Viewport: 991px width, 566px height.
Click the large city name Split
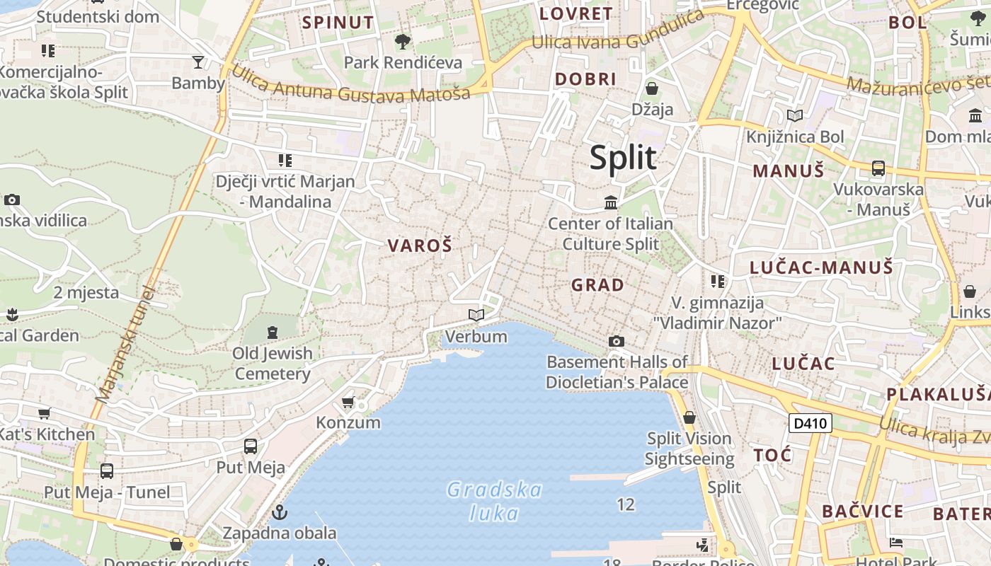[623, 157]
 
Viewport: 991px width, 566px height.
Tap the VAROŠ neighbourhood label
[419, 246]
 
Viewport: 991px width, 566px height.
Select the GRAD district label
[598, 285]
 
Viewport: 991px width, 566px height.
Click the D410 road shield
[810, 424]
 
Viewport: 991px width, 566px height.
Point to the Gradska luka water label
[495, 501]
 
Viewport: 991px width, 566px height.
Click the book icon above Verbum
[476, 315]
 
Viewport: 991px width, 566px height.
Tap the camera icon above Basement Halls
[617, 342]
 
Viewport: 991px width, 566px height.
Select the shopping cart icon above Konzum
[348, 403]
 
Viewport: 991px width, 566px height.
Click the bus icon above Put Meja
[251, 446]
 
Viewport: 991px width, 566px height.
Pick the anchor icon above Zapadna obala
[280, 512]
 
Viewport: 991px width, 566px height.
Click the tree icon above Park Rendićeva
[403, 42]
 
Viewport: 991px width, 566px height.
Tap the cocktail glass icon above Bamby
[198, 62]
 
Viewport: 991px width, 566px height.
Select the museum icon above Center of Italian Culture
[611, 204]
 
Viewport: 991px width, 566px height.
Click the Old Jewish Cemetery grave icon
[273, 332]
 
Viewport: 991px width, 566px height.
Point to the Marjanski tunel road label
[125, 345]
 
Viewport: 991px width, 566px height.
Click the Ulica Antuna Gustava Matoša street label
[350, 83]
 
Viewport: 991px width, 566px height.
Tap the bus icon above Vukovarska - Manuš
[878, 168]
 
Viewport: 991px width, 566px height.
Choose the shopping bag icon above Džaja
[652, 89]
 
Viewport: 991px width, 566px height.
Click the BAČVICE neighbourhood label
[862, 512]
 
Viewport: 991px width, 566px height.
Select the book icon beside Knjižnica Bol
[795, 115]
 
